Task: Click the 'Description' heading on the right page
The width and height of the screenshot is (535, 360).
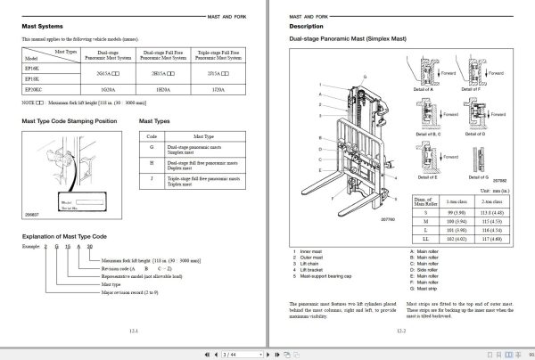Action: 309,26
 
